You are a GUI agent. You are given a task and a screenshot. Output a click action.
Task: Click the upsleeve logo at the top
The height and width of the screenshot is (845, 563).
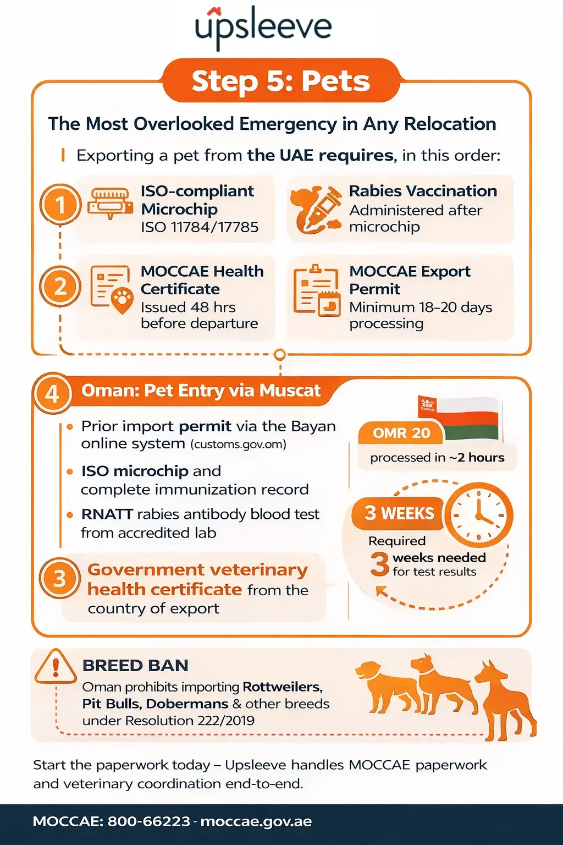tap(264, 28)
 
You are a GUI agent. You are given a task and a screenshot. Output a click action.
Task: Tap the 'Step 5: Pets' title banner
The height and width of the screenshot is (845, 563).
tap(280, 81)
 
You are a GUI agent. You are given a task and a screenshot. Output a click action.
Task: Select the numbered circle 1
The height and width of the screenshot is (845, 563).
tap(60, 205)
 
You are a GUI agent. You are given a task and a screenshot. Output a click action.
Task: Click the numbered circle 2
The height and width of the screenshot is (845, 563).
tap(60, 286)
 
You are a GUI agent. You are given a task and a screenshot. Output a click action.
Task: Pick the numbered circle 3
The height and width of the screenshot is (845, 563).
tap(59, 579)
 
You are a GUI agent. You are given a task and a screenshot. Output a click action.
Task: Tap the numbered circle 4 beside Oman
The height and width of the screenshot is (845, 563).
tap(52, 393)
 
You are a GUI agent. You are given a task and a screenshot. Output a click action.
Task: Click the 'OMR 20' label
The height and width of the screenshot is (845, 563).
tap(401, 434)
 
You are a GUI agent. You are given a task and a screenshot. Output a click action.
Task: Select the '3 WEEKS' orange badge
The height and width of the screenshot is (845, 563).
tap(399, 513)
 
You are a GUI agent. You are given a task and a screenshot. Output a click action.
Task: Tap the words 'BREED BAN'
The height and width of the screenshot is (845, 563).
tap(135, 666)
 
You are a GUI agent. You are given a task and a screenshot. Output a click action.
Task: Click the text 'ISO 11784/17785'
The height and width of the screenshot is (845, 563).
tap(200, 227)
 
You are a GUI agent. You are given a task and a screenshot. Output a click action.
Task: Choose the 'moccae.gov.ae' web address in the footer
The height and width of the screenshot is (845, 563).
tap(256, 822)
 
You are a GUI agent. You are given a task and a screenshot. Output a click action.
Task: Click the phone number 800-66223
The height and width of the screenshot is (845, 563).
tap(148, 822)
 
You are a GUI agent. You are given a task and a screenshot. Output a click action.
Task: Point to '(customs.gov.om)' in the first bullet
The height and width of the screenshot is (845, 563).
tap(239, 445)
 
